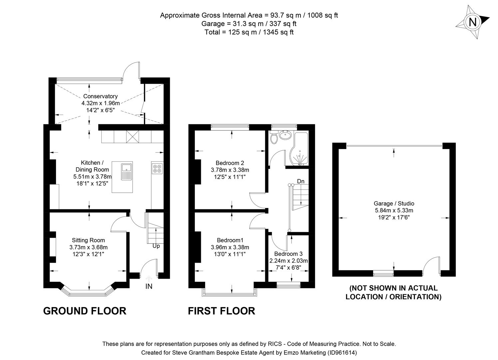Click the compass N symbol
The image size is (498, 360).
tap(472, 22)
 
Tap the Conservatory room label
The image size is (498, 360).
tap(100, 96)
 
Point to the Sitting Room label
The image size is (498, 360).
tap(88, 240)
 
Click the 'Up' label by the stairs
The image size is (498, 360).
tap(156, 246)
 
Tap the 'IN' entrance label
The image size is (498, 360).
tap(149, 286)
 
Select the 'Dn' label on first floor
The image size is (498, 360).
tap(300, 181)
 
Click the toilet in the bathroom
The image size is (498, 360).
tap(274, 138)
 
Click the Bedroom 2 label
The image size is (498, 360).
tap(230, 163)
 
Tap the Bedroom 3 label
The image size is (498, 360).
tap(288, 254)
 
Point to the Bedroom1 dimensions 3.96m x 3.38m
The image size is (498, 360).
tap(230, 247)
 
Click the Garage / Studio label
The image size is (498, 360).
tap(394, 203)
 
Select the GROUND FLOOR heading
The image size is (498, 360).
tap(85, 311)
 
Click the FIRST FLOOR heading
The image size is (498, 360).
tap(222, 311)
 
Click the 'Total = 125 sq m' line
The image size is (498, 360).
tap(249, 32)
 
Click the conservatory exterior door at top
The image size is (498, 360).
tap(132, 70)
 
